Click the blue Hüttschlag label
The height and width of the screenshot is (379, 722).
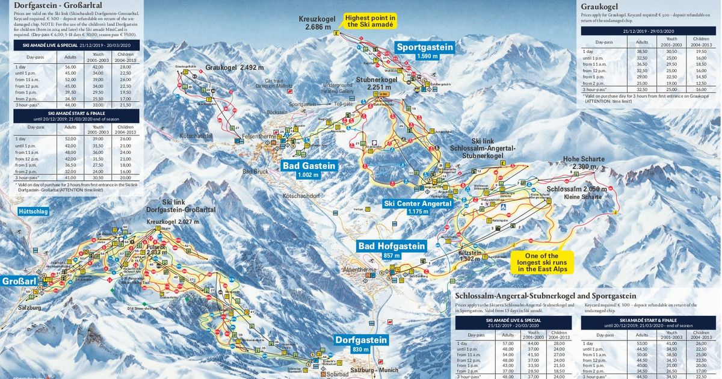[x=32, y=212]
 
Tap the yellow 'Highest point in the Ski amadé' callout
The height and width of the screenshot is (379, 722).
[x=370, y=22]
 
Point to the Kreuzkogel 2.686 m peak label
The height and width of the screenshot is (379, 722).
[x=316, y=23]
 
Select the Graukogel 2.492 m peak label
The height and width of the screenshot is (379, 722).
[x=235, y=67]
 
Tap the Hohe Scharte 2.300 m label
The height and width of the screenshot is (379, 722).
[x=583, y=162]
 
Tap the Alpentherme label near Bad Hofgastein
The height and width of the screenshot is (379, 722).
[x=359, y=270]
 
